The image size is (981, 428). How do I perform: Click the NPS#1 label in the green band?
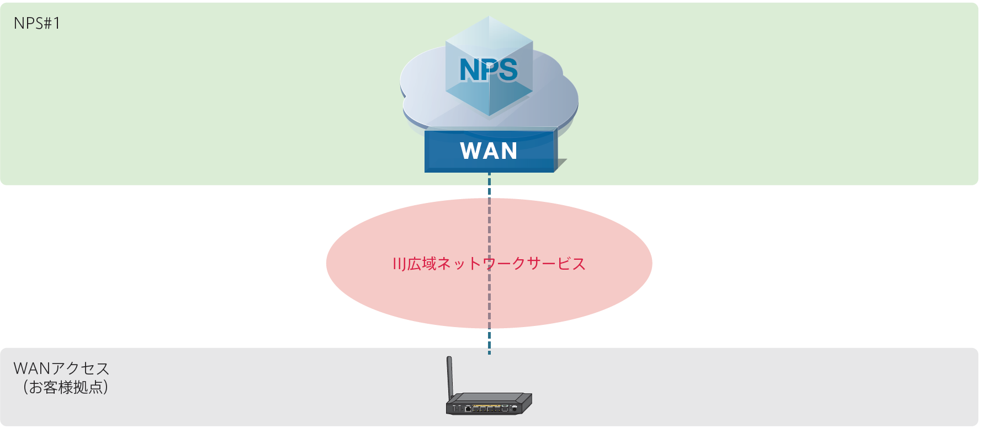(36, 23)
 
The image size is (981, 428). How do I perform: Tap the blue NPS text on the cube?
(489, 70)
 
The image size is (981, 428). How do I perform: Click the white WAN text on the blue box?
(489, 151)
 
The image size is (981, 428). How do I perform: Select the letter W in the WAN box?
(471, 151)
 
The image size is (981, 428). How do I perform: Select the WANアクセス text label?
(61, 368)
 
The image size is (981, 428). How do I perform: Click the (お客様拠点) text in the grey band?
(65, 387)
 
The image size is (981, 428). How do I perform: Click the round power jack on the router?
(515, 409)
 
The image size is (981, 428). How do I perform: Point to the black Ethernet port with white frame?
(468, 409)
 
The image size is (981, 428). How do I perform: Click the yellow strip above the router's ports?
(486, 405)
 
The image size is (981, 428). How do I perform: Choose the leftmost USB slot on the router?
(454, 409)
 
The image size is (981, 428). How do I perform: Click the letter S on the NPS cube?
(507, 70)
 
